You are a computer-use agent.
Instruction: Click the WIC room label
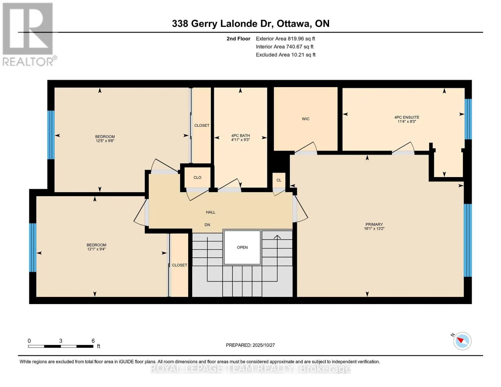click(305, 119)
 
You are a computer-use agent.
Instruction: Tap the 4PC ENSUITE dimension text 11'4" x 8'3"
click(406, 122)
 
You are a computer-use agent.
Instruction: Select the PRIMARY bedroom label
click(374, 224)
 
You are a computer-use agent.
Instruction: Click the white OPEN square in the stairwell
click(242, 247)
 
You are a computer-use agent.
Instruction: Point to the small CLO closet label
click(197, 178)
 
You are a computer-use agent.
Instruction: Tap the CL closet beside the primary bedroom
click(279, 180)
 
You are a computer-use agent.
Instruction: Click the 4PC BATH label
click(240, 136)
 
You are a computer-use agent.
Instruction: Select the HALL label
click(210, 212)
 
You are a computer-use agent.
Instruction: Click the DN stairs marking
click(207, 225)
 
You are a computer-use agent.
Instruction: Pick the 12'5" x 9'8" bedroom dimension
click(105, 141)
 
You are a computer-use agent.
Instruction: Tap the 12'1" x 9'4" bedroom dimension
click(96, 249)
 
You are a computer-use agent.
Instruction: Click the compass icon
click(462, 341)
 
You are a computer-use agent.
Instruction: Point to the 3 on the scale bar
click(61, 341)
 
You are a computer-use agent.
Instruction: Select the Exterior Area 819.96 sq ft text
click(285, 39)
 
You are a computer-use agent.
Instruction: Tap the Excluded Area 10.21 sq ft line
click(286, 55)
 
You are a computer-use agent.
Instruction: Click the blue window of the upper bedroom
click(51, 135)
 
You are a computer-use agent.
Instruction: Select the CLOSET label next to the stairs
click(179, 265)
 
